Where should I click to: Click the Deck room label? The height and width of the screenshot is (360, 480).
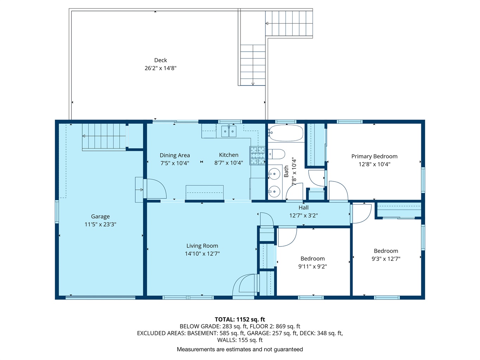coord(160,60)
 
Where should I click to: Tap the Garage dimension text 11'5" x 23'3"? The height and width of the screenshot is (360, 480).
coord(100,224)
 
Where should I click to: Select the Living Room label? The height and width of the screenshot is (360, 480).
coord(202,246)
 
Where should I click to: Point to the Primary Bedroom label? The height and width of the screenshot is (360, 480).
coord(375,156)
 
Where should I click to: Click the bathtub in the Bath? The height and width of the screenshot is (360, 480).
coord(286,133)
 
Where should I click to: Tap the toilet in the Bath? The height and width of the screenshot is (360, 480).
coord(277,154)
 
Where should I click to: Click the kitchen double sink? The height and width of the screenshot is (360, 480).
coord(229,131)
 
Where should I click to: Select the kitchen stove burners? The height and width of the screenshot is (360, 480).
coord(257,155)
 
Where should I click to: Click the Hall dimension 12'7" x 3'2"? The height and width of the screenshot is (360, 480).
coord(303,216)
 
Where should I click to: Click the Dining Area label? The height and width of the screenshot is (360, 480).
coord(175,155)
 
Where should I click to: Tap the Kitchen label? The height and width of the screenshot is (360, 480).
coord(229,155)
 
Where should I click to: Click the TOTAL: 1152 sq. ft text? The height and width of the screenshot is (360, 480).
coord(240,319)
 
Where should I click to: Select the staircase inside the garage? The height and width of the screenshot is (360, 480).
coord(104,137)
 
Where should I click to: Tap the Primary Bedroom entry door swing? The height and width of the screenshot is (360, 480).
coord(338,191)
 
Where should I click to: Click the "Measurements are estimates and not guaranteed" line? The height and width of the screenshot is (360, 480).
coord(240,349)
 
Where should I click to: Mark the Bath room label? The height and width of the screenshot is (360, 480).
coord(286,171)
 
